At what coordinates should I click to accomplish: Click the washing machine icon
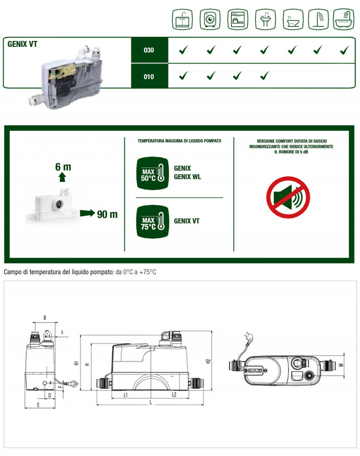pos(209,20)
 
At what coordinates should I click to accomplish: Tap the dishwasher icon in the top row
pos(237,20)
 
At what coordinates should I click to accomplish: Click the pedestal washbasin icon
pos(265,20)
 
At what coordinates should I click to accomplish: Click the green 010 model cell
pos(148,76)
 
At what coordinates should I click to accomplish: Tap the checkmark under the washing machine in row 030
pos(210,51)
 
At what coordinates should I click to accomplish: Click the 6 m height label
pos(63,166)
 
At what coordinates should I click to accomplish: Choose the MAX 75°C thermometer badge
pos(151,220)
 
